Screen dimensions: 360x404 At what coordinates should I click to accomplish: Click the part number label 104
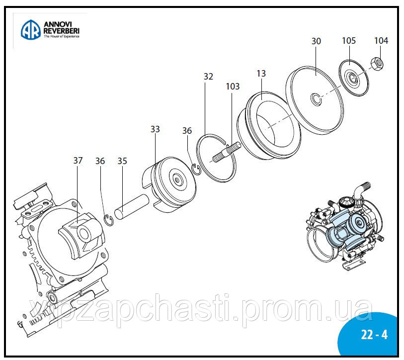pyautogui.click(x=381, y=40)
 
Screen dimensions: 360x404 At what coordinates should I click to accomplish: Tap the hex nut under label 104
pyautogui.click(x=378, y=63)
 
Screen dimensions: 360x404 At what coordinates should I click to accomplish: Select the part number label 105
pyautogui.click(x=349, y=40)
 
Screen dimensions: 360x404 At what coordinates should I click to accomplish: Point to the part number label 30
pyautogui.click(x=316, y=41)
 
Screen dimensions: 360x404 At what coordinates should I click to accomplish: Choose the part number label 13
pyautogui.click(x=261, y=74)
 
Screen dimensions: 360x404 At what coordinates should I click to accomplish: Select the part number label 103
pyautogui.click(x=233, y=87)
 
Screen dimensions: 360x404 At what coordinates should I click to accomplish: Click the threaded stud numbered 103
pyautogui.click(x=227, y=151)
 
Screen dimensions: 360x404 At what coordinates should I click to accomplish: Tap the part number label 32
pyautogui.click(x=208, y=77)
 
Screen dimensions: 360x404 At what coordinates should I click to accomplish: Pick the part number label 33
pyautogui.click(x=156, y=129)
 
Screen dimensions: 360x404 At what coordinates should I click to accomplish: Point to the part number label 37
pyautogui.click(x=78, y=160)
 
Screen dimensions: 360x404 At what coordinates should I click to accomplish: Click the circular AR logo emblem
pyautogui.click(x=30, y=29)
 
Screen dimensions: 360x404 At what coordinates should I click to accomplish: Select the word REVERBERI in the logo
pyautogui.click(x=62, y=31)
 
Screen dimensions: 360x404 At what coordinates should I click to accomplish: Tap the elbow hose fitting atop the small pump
pyautogui.click(x=358, y=189)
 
